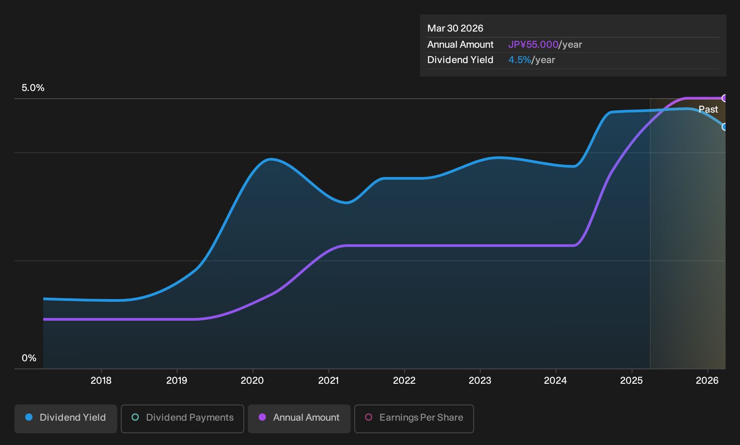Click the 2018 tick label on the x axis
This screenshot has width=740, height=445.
[x=101, y=381]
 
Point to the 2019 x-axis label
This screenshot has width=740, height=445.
[x=177, y=381]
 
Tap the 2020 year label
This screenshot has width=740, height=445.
[x=252, y=381]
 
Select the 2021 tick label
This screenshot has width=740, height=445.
[x=329, y=381]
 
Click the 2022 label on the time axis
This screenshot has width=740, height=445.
[x=404, y=381]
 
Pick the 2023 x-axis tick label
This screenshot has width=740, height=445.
[x=480, y=381]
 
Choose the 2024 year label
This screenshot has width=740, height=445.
[x=556, y=381]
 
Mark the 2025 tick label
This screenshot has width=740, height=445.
[x=631, y=381]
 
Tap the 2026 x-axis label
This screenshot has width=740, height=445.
[x=707, y=381]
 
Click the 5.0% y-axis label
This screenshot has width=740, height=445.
[x=33, y=88]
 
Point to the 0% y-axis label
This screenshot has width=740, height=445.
[x=29, y=358]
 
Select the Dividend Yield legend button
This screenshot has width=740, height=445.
[x=66, y=418]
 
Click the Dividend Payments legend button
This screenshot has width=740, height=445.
[x=183, y=418]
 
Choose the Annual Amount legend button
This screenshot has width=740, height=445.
[x=299, y=418]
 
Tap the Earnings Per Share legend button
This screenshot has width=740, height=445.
[x=414, y=418]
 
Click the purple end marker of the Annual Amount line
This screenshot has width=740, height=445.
[x=725, y=98]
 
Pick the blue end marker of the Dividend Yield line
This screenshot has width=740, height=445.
[x=725, y=127]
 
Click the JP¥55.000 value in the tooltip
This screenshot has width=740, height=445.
[x=533, y=45]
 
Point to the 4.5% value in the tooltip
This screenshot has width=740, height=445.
[x=520, y=60]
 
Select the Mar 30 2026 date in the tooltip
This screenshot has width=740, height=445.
[x=455, y=28]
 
